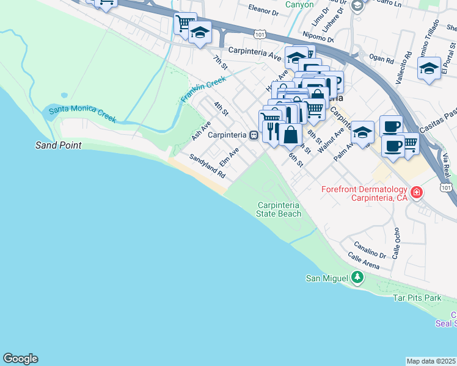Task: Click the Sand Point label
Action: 59,146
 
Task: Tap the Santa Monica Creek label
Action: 82,113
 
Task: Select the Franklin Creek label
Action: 203,89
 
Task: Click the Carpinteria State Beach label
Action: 279,209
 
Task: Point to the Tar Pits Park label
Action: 417,298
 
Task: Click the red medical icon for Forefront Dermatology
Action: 417,193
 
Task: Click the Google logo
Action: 20,359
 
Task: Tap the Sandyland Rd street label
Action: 207,166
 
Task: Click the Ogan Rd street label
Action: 381,59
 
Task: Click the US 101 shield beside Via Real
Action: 447,187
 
